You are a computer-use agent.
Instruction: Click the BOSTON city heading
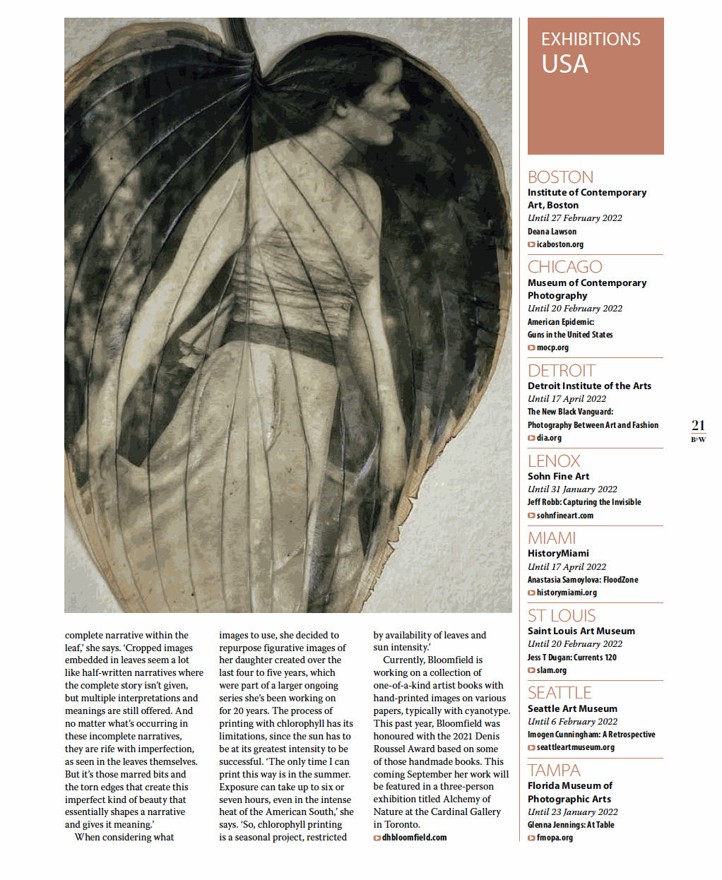(x=560, y=177)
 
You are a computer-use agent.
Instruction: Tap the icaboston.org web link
(x=559, y=244)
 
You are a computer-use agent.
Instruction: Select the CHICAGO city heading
(x=564, y=267)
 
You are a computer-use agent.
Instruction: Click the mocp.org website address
(x=552, y=347)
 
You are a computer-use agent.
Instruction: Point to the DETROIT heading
(x=561, y=371)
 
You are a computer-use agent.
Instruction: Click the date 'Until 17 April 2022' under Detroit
(x=567, y=399)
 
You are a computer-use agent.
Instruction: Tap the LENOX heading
(x=554, y=461)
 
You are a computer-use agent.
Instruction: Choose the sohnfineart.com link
(x=564, y=516)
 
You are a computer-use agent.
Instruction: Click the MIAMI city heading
(x=551, y=538)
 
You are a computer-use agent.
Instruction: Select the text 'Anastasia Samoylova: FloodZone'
(x=583, y=580)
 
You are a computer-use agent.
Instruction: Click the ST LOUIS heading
(x=562, y=616)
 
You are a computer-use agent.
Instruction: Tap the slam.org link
(x=550, y=670)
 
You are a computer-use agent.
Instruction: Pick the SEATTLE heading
(x=560, y=693)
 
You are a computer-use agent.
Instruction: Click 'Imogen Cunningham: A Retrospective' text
(x=591, y=735)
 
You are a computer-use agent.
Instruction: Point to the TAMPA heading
(x=554, y=771)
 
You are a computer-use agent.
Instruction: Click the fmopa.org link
(x=554, y=838)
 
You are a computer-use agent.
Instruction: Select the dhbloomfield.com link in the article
(x=413, y=838)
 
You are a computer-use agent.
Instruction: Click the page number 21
(x=698, y=425)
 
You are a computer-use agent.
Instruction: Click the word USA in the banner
(x=564, y=64)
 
